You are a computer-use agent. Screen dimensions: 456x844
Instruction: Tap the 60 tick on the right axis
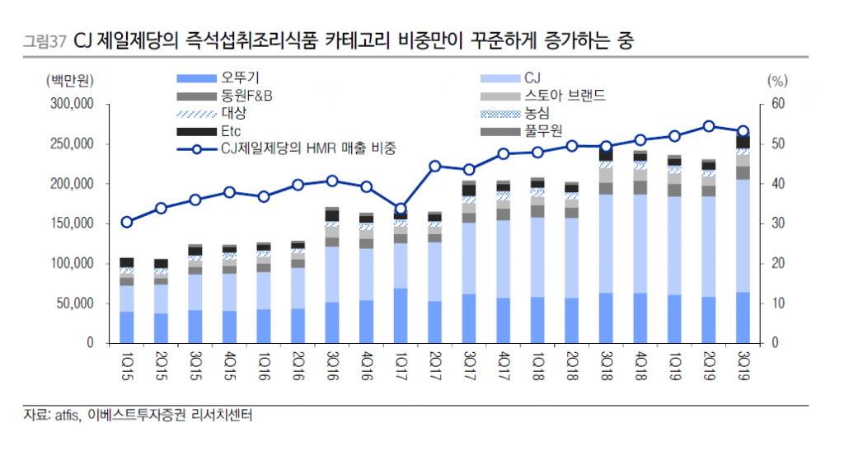point(778,105)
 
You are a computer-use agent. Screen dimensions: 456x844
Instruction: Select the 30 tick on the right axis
point(778,223)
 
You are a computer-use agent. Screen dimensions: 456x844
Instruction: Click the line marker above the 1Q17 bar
point(401,209)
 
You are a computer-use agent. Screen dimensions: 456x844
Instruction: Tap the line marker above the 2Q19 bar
point(709,126)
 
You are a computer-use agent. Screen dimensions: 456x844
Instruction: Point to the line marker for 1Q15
point(126,222)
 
